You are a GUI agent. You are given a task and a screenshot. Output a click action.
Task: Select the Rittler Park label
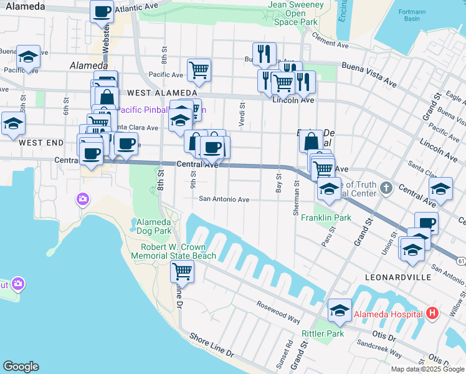tap(323, 333)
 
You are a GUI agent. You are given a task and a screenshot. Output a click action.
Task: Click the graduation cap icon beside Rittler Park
tap(340, 310)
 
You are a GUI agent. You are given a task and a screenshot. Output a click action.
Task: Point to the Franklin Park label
tap(326, 218)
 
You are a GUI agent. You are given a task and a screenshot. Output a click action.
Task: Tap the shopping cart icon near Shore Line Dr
tap(181, 271)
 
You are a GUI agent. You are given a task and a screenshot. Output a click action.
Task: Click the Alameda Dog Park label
tap(154, 226)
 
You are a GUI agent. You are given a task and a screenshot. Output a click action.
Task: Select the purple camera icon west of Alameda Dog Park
tap(83, 199)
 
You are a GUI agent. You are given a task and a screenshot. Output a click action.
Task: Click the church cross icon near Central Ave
tap(386, 186)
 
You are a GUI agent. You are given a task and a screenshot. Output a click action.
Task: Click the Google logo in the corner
tap(21, 367)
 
